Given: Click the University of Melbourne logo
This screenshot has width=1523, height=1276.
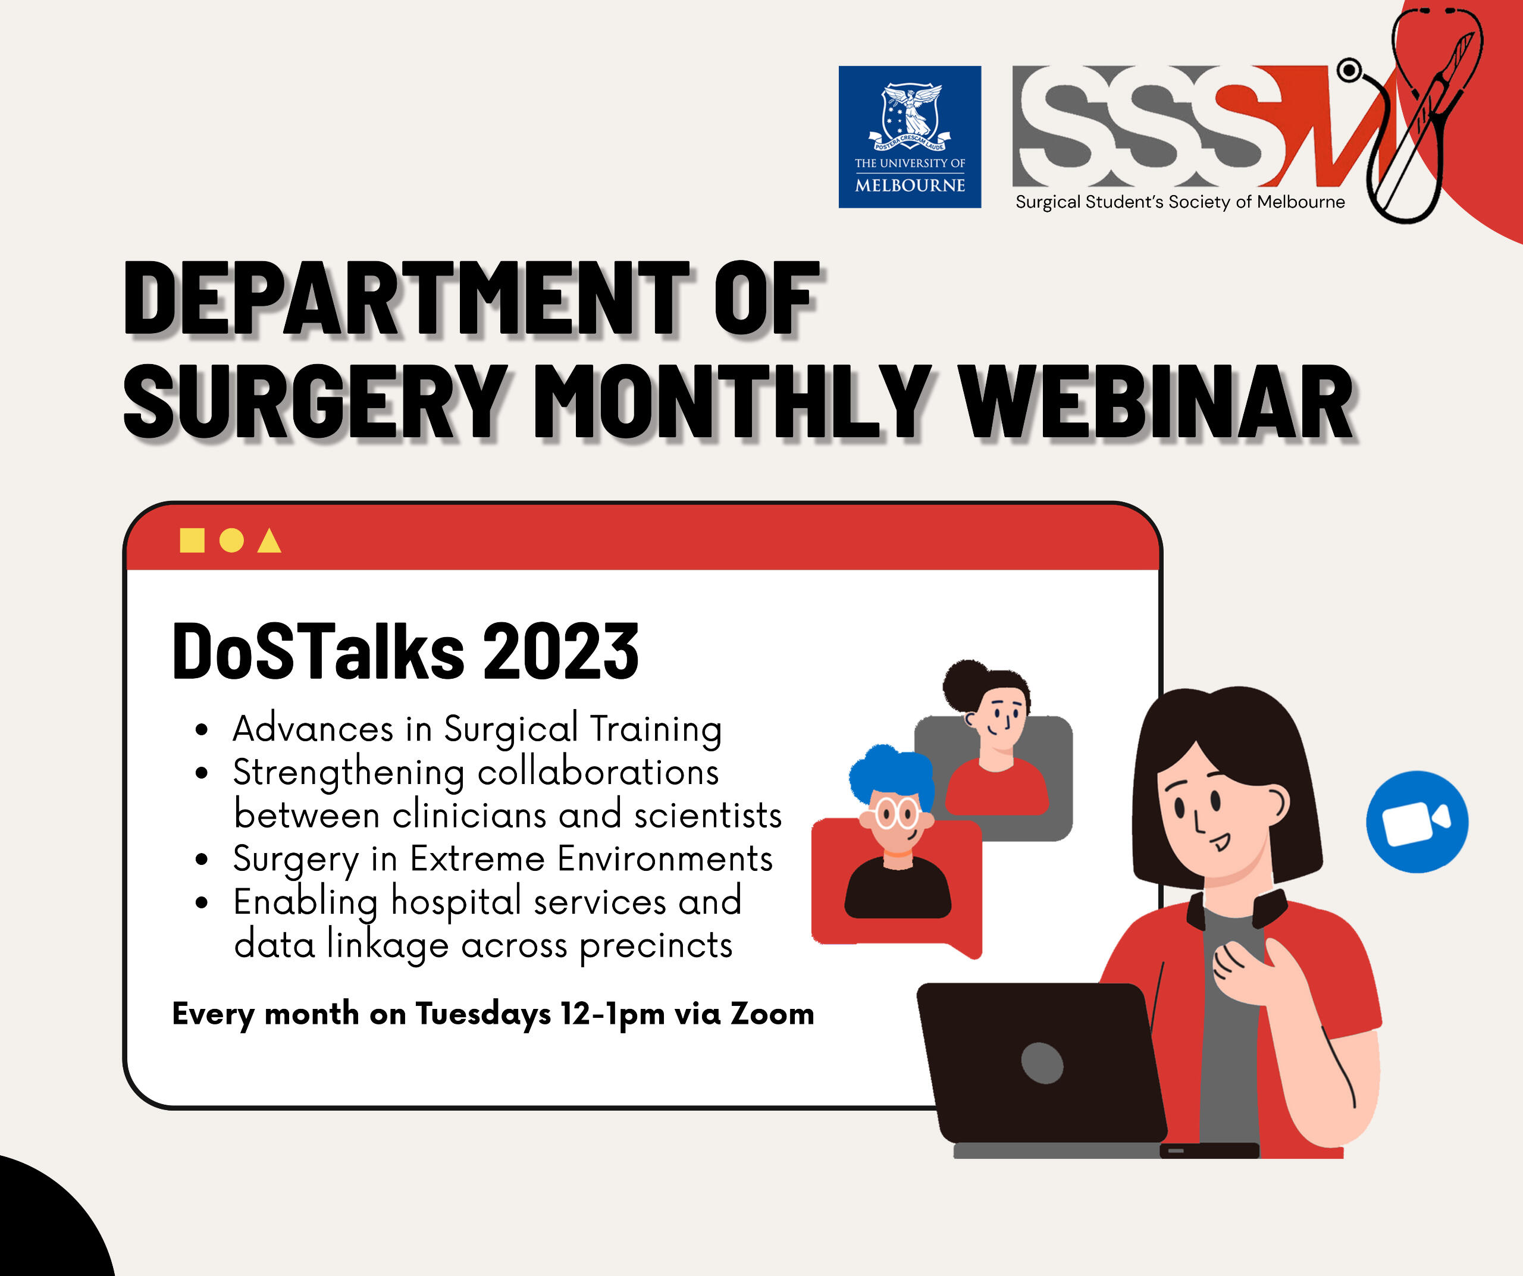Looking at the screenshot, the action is [910, 137].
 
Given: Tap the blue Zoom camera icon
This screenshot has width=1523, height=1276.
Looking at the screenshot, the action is [1417, 822].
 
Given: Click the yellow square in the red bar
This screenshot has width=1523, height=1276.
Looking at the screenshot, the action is [192, 540].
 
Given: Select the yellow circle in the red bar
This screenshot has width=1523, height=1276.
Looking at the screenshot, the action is [231, 540].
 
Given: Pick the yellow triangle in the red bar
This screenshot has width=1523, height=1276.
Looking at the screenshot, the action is [269, 541].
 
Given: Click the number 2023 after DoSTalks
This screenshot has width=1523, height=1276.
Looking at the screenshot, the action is [560, 652].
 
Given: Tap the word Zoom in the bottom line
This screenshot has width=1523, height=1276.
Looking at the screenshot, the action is [772, 1014].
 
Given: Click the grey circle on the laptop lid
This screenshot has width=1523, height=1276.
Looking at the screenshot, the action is [1042, 1063].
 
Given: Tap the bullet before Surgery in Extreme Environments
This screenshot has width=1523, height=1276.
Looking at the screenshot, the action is [202, 860].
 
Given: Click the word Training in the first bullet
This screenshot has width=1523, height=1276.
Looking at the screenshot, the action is [656, 729].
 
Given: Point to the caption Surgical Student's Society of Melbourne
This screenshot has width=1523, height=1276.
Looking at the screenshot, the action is [1180, 202].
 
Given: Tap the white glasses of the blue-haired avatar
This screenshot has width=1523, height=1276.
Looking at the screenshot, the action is [897, 813].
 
